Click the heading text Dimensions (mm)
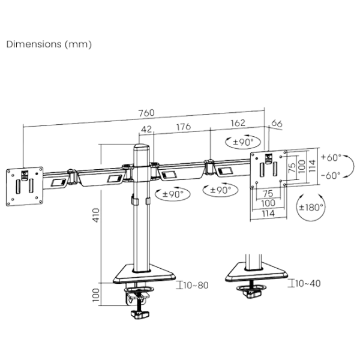coord(49,45)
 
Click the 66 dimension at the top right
coord(277,124)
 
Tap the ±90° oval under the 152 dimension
coord(242,143)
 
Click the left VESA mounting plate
coord(25,185)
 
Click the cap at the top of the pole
coord(142,145)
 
